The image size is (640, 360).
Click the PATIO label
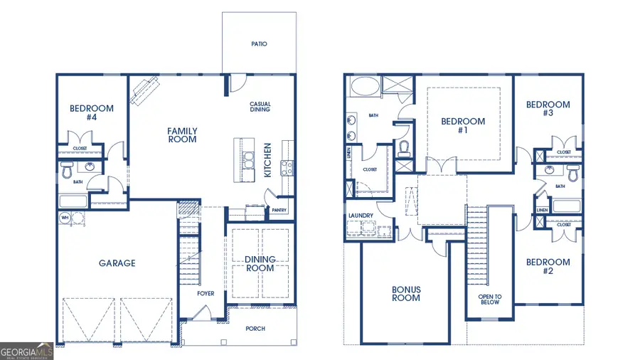pos(259,44)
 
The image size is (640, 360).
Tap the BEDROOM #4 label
pos(91,112)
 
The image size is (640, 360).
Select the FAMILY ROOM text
pos(182,135)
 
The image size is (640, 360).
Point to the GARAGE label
pos(117,263)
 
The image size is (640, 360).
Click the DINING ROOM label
pos(260,265)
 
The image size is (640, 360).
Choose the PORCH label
pos(255,329)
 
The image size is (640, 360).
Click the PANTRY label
pos(279,211)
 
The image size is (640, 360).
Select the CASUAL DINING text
pos(260,107)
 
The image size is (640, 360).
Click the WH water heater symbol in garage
pos(65,218)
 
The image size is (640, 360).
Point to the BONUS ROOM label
pos(406,294)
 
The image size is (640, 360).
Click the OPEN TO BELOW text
pos(489,300)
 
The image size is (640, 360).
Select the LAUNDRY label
pos(361,216)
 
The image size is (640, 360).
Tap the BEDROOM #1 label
pos(463,126)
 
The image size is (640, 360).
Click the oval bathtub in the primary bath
pos(364,88)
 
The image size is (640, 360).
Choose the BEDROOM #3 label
pos(548,109)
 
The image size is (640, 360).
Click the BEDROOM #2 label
pos(548,266)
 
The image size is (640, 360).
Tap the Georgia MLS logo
pos(26,351)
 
